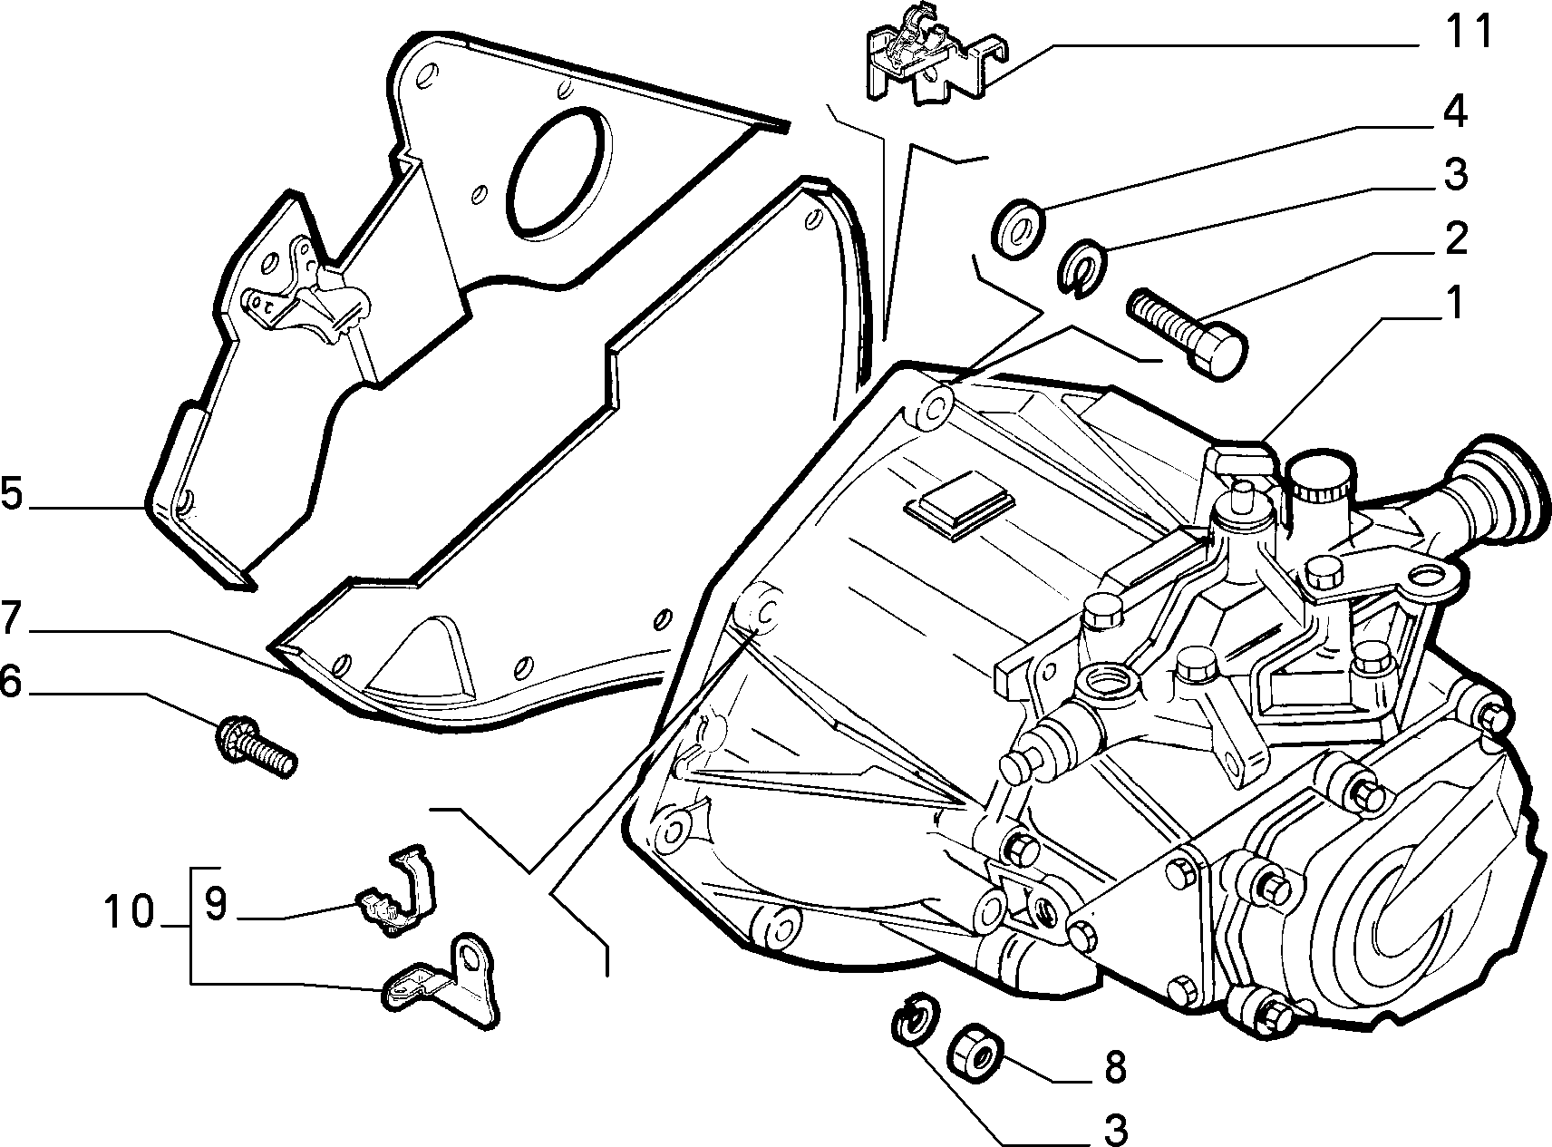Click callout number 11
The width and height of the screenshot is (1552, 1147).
(1467, 33)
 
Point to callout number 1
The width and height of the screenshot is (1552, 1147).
(1453, 304)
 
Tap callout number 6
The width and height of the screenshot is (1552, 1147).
(11, 682)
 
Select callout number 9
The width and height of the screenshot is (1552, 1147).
(214, 904)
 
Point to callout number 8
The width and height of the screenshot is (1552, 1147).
(1113, 1067)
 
